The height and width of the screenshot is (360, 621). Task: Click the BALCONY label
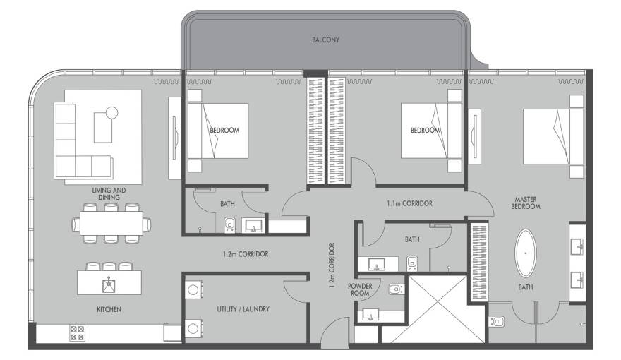pyautogui.click(x=325, y=40)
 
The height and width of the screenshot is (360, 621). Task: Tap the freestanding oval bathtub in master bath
pyautogui.click(x=526, y=253)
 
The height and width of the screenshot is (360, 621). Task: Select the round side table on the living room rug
pyautogui.click(x=111, y=113)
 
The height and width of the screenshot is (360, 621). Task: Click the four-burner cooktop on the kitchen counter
pyautogui.click(x=77, y=333)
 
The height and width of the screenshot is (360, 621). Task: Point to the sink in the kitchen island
pyautogui.click(x=109, y=284)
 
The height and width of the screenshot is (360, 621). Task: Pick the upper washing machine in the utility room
pyautogui.click(x=193, y=290)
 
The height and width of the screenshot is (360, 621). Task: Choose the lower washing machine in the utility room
pyautogui.click(x=193, y=328)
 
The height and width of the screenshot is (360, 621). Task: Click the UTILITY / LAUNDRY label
pyautogui.click(x=243, y=309)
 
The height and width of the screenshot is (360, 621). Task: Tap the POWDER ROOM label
pyautogui.click(x=360, y=289)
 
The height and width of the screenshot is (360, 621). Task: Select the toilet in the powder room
pyautogui.click(x=397, y=289)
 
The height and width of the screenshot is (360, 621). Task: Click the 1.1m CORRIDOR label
pyautogui.click(x=409, y=203)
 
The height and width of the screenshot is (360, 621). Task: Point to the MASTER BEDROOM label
pyautogui.click(x=526, y=203)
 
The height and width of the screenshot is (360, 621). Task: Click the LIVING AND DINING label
pyautogui.click(x=109, y=193)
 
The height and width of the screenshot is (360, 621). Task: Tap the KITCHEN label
pyautogui.click(x=109, y=309)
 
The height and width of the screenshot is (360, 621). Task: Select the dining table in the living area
pyautogui.click(x=111, y=223)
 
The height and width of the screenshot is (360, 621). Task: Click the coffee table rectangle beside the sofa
pyautogui.click(x=103, y=128)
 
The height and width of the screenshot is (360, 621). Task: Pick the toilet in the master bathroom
pyautogui.click(x=497, y=321)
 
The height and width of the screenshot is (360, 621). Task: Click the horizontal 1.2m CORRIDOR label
pyautogui.click(x=246, y=254)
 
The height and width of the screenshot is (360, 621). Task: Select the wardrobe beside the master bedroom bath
pyautogui.click(x=478, y=263)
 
